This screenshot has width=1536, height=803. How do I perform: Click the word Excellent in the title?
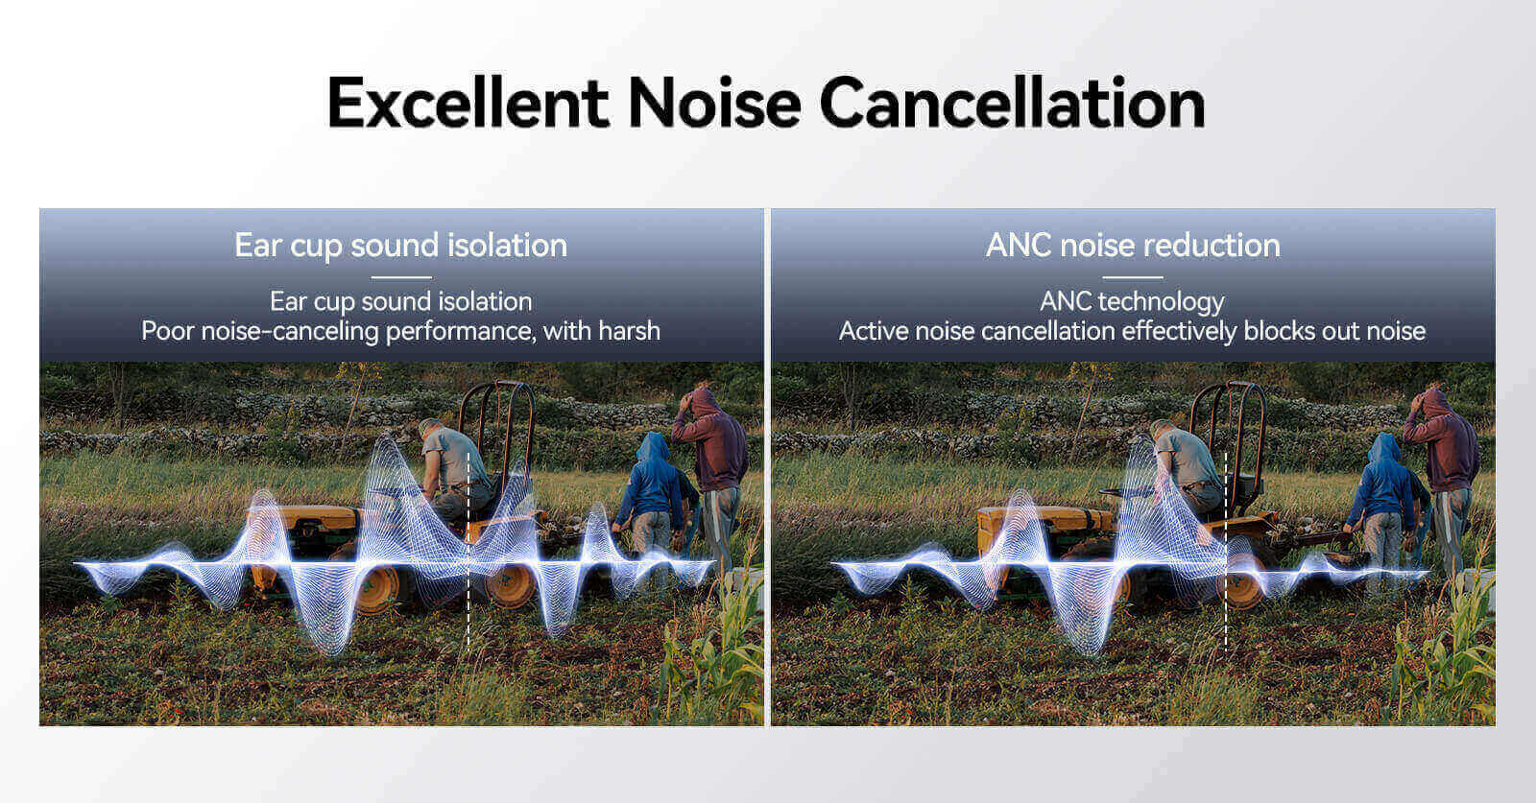point(468,103)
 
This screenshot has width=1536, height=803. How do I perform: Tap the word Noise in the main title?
point(714,103)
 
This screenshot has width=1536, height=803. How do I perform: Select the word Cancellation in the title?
point(1012,103)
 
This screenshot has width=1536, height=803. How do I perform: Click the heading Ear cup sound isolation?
point(401,246)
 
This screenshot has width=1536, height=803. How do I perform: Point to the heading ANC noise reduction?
point(1133,246)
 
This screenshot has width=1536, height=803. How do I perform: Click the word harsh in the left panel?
point(629,331)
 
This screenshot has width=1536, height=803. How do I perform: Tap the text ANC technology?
point(1132,302)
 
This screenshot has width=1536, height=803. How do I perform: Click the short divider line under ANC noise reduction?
point(1133,277)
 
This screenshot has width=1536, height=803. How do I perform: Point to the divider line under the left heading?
point(401,277)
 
